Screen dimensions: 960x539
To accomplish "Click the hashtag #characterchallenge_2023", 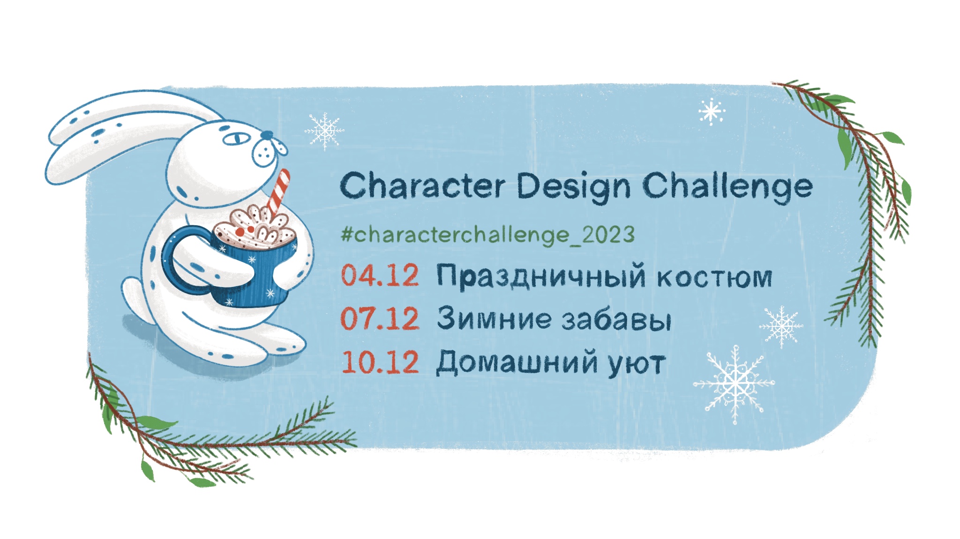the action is [488, 234].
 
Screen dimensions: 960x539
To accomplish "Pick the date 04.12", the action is [380, 275].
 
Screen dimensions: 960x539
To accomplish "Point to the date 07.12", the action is [380, 318].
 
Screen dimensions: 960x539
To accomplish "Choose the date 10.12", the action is [380, 362].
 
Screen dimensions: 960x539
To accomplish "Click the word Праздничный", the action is [541, 277].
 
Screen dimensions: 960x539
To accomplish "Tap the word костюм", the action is [714, 278].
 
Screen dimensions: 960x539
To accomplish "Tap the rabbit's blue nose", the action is [267, 135].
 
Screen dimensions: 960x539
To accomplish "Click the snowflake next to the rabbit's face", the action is [324, 131].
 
